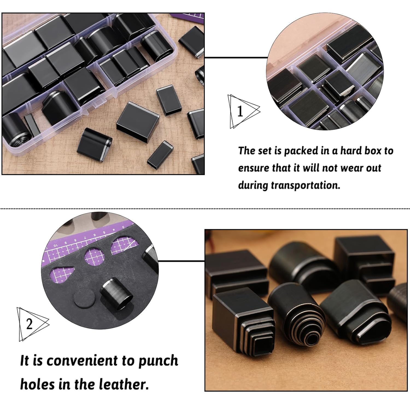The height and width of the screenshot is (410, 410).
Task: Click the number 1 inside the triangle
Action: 240,112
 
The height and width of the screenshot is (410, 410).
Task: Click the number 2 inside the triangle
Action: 30,324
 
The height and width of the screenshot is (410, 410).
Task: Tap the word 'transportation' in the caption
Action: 305,185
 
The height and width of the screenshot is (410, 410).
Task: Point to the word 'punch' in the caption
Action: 159,361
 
